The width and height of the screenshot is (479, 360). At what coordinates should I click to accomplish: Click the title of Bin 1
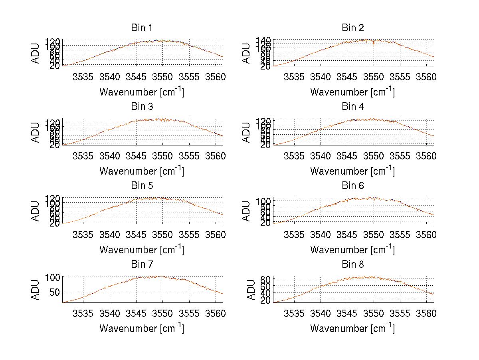tap(142, 28)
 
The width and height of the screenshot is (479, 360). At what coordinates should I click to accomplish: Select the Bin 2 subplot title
tap(353, 28)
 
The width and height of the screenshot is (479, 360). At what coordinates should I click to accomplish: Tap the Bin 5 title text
tap(142, 186)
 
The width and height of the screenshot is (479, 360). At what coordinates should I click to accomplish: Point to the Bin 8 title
tap(353, 265)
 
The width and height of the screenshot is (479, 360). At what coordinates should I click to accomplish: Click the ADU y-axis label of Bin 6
tap(247, 211)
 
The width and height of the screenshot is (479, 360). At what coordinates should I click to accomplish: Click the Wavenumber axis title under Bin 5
tap(142, 249)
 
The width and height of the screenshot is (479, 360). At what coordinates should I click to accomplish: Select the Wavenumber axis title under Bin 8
tap(353, 328)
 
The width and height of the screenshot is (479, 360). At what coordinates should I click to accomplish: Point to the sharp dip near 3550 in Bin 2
tap(374, 44)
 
